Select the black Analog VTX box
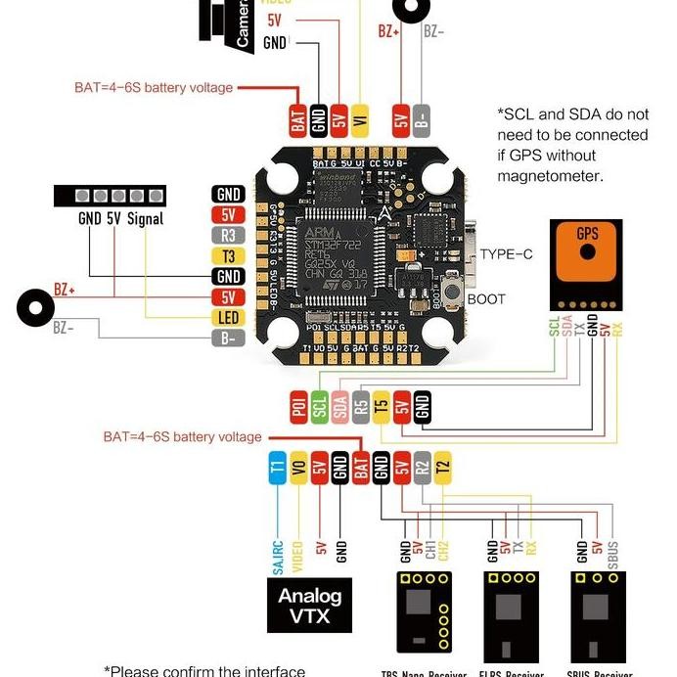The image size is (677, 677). point(309,605)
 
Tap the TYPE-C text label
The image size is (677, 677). point(507,254)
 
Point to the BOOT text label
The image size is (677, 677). point(486,299)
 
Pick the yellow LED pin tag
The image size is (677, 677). point(228,318)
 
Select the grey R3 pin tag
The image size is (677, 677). point(228,236)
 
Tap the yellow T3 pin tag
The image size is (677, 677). point(228,256)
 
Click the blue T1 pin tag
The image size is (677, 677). point(277,469)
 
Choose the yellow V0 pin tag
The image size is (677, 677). point(298,469)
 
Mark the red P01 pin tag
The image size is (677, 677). point(298,407)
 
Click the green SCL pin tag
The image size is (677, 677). point(319,407)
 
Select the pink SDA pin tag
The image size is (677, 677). point(339,407)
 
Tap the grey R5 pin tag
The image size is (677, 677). point(360,407)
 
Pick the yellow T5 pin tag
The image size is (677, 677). point(381,407)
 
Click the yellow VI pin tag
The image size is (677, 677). point(360,118)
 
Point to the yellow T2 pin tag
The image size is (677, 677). point(442,469)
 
